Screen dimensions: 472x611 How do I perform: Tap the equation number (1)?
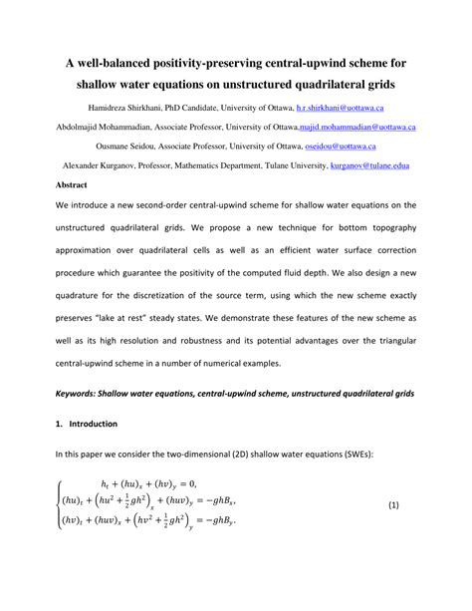click(x=396, y=505)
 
